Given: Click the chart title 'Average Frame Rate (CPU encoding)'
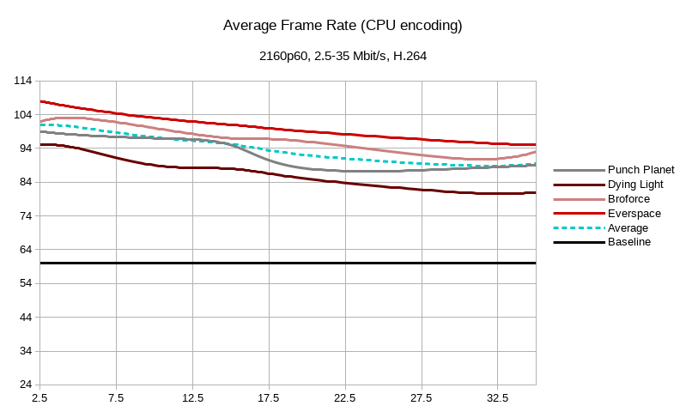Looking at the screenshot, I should pyautogui.click(x=343, y=26).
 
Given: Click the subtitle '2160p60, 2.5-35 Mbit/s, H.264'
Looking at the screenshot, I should pyautogui.click(x=343, y=57).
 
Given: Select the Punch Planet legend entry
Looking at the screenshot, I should pyautogui.click(x=640, y=170).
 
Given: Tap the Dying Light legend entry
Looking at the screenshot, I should pyautogui.click(x=634, y=185).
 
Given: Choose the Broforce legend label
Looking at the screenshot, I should pyautogui.click(x=628, y=199).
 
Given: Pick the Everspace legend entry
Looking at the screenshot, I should pyautogui.click(x=633, y=214).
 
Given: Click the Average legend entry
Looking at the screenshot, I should pyautogui.click(x=628, y=228).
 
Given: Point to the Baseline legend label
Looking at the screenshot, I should pyautogui.click(x=629, y=242).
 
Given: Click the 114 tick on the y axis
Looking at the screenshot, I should pyautogui.click(x=23, y=81).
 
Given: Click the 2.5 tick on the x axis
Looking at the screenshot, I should pyautogui.click(x=39, y=398).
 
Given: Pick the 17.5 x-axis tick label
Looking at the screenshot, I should pyautogui.click(x=269, y=398).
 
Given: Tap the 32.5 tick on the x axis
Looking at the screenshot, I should pyautogui.click(x=498, y=398).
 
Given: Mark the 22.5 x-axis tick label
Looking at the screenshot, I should pyautogui.click(x=345, y=398).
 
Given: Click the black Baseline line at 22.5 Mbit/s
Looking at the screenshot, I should pyautogui.click(x=345, y=263).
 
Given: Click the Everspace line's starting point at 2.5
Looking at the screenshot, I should pyautogui.click(x=41, y=101).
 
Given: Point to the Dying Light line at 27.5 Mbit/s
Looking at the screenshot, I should pyautogui.click(x=422, y=190).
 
